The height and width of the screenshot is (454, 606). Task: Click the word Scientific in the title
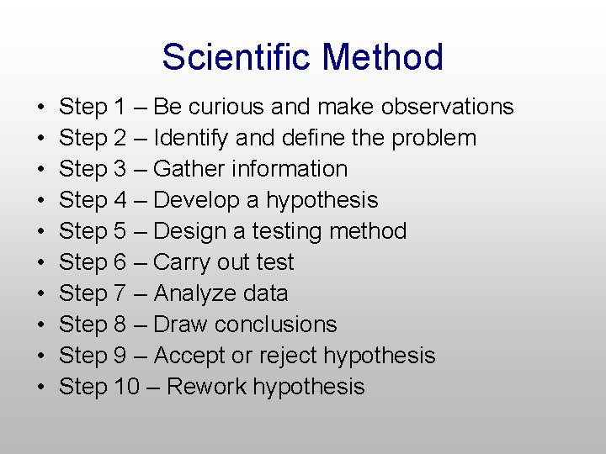click(237, 57)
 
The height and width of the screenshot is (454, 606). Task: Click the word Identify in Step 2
click(188, 138)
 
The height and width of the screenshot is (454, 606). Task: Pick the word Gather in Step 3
click(187, 169)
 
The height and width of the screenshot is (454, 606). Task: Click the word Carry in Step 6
click(181, 262)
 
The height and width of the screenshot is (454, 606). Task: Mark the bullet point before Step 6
click(41, 263)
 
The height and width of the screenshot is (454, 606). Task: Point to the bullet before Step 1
click(41, 108)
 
